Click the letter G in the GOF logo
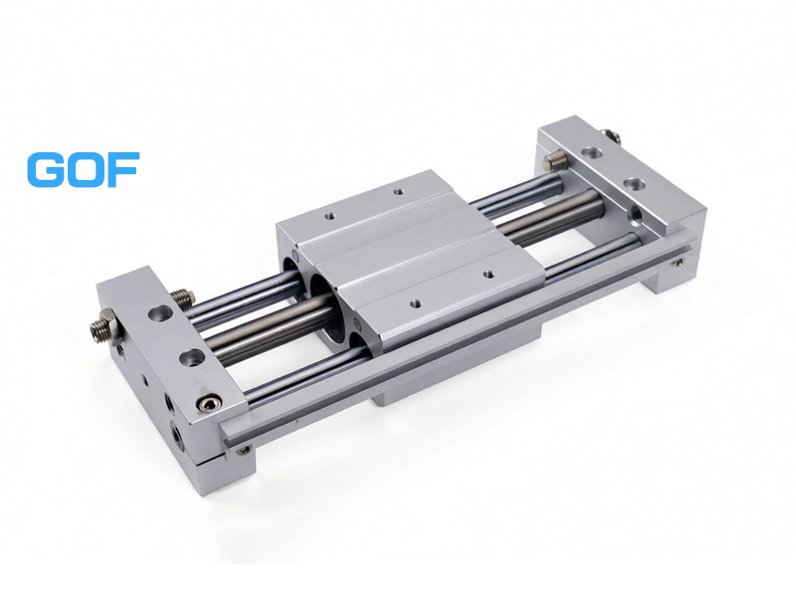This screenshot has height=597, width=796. click(45, 169)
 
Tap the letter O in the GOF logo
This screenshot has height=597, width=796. click(83, 169)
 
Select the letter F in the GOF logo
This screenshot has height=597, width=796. click(120, 169)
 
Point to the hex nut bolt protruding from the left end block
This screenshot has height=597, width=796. click(104, 330)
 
